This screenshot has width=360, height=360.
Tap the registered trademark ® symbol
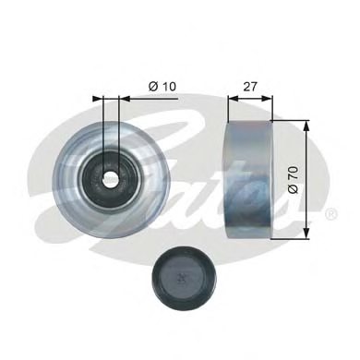point(331,213)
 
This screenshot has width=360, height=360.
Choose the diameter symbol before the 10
point(152,87)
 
